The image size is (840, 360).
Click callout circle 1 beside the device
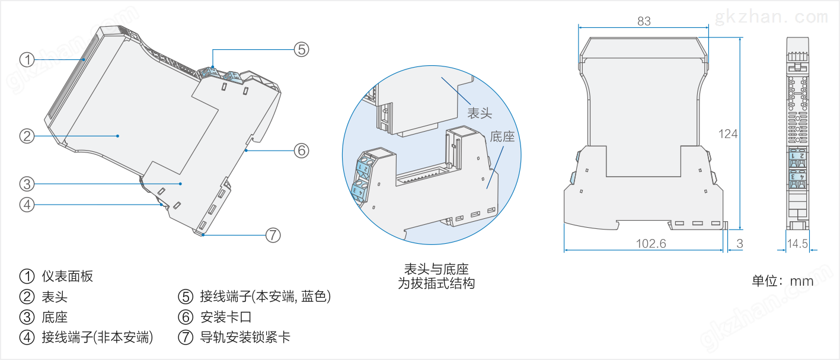tap(27, 59)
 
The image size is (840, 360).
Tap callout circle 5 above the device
tap(302, 49)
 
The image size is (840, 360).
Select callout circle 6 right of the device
tap(302, 151)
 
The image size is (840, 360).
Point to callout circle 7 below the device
tap(272, 235)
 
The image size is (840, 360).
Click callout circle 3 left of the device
tap(27, 183)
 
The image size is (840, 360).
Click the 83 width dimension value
tap(644, 21)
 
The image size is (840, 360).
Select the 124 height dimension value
tap(727, 134)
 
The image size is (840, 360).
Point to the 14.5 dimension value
tap(797, 243)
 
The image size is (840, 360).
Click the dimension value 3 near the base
tap(739, 243)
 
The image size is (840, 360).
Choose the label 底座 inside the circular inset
tap(502, 137)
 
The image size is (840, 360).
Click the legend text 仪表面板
tap(68, 276)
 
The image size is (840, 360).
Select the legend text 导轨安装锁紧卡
tap(245, 338)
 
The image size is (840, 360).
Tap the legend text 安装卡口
tap(226, 317)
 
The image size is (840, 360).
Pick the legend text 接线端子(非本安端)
tap(97, 338)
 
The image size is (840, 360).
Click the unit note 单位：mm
tap(782, 281)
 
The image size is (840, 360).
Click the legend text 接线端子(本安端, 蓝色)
tap(265, 297)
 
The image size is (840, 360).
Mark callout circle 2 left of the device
tap(27, 136)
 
